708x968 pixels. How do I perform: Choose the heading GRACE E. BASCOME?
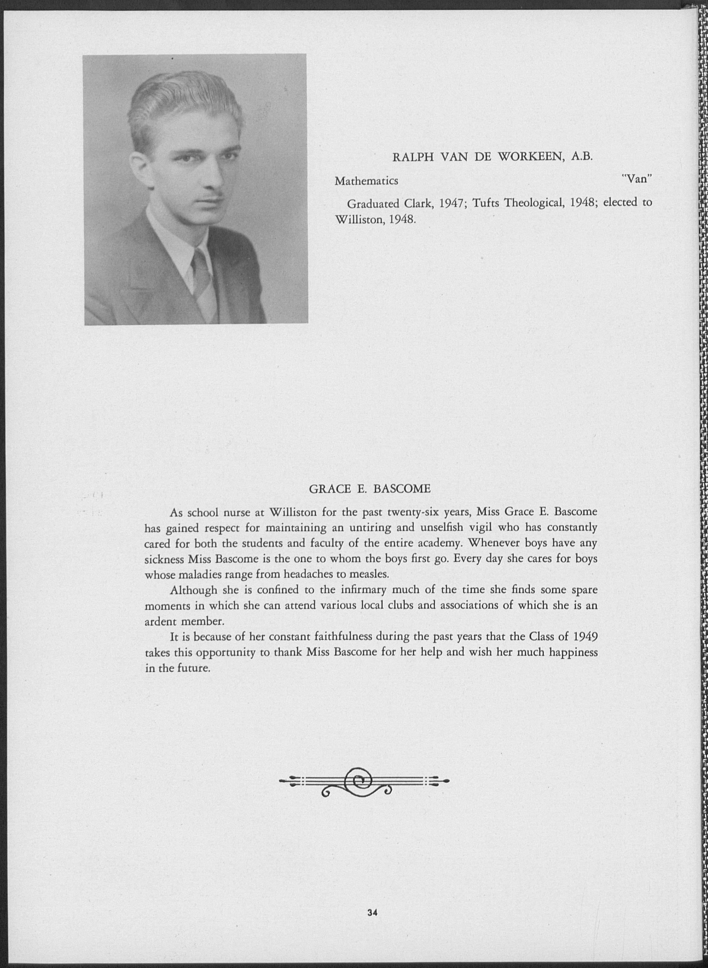[x=370, y=489]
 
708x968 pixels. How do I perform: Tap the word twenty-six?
[x=416, y=512]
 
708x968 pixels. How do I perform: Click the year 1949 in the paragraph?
[x=585, y=636]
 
